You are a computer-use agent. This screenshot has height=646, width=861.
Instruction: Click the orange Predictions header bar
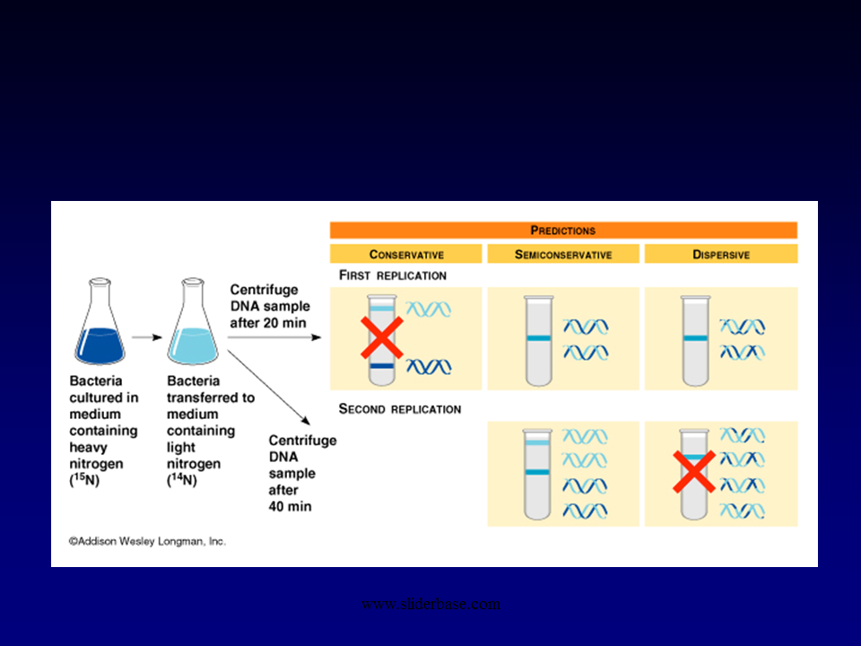(563, 231)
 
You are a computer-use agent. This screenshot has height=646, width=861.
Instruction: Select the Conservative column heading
(406, 255)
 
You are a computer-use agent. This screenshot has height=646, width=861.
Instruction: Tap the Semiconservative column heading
(563, 255)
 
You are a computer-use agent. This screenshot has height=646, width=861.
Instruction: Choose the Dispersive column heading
(721, 255)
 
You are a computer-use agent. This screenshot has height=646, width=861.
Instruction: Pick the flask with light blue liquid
(193, 331)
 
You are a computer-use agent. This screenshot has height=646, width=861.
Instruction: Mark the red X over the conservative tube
(381, 337)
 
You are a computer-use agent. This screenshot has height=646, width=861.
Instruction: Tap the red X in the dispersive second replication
(695, 472)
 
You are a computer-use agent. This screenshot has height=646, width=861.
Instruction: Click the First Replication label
(393, 275)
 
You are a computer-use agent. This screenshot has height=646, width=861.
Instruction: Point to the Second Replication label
(400, 409)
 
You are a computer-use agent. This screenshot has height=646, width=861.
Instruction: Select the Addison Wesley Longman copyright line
(148, 542)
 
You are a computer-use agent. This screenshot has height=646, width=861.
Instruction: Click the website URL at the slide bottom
(430, 604)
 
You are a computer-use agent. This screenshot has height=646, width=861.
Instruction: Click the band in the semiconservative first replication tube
(538, 338)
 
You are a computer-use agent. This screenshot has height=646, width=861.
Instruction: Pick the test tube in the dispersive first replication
(695, 341)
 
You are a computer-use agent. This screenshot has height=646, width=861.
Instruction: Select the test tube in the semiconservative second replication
(538, 474)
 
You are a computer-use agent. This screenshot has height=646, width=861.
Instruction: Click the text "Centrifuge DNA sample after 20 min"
(268, 305)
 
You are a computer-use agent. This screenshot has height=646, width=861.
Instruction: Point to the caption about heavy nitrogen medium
(104, 430)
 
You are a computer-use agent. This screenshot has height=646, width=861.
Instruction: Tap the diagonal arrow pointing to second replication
(270, 386)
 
